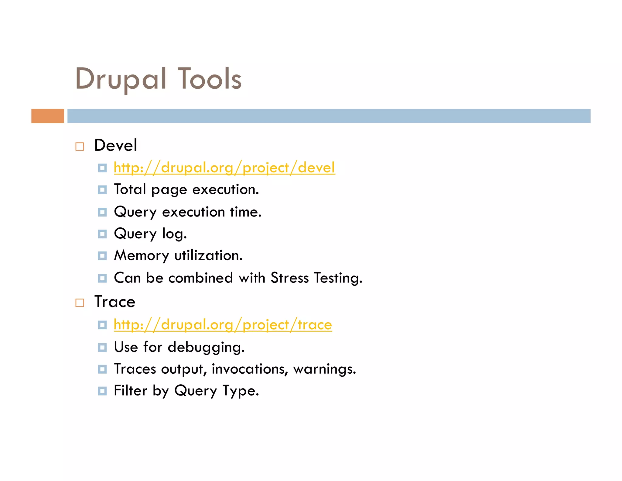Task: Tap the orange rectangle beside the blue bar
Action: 48,116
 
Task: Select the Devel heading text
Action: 115,145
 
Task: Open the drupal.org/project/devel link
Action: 224,168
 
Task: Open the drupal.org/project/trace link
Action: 223,325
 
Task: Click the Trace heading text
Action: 115,302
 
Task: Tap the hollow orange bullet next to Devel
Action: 80,147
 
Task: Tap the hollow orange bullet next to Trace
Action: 80,303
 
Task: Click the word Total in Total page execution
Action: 130,189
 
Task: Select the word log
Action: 174,234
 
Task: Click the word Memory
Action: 141,255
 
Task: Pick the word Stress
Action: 289,278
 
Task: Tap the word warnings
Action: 324,369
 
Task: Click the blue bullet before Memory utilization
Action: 102,256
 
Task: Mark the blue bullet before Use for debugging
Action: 102,347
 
